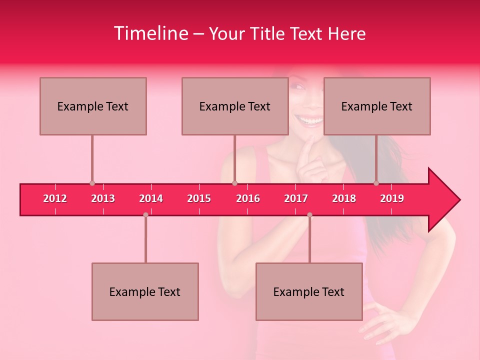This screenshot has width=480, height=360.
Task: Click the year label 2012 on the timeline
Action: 55,198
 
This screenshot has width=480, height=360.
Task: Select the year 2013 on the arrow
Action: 103,198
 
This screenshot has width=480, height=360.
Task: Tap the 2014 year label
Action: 151,198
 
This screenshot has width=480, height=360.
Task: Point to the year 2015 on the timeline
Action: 199,198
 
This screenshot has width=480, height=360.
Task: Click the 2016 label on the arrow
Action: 248,198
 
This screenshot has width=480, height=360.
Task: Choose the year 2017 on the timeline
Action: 296,198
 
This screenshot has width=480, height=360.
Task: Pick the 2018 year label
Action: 344,198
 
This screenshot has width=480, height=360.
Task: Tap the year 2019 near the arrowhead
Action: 392,198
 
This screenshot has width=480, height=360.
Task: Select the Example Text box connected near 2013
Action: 93,106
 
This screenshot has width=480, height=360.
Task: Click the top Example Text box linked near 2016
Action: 235,106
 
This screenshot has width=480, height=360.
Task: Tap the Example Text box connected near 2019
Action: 377,106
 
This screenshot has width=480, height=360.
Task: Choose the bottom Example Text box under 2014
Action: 145,291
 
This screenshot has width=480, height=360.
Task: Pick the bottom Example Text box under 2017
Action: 309,291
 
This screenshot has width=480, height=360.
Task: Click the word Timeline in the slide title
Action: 150,33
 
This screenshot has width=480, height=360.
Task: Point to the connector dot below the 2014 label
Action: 145,214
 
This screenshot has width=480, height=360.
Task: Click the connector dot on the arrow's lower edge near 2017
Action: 309,214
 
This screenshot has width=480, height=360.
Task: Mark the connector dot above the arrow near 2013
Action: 92,183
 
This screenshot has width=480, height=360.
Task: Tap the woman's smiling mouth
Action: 308,120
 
